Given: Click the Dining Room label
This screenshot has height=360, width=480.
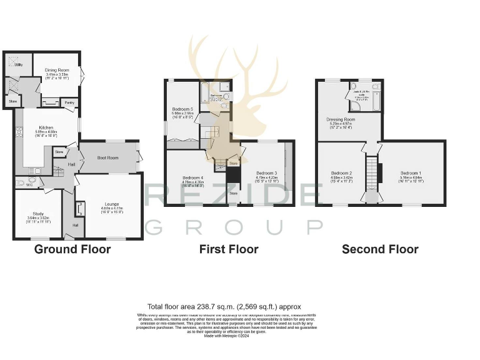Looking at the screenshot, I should coord(57,71).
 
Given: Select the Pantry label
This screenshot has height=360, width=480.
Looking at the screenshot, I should coord(69,102).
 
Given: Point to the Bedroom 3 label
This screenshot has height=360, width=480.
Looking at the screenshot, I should coord(266,173).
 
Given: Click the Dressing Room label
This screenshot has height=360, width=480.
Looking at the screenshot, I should coord(341,119).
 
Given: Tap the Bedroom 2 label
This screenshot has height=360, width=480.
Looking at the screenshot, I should coord(342,173).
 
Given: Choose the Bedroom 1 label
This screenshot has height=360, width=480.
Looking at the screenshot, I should coord(411,173).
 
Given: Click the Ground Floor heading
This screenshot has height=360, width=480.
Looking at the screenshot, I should coord(72,249).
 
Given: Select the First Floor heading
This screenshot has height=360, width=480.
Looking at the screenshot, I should coord(229,249).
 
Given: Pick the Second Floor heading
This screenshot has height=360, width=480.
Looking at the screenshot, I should coord(380,249).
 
